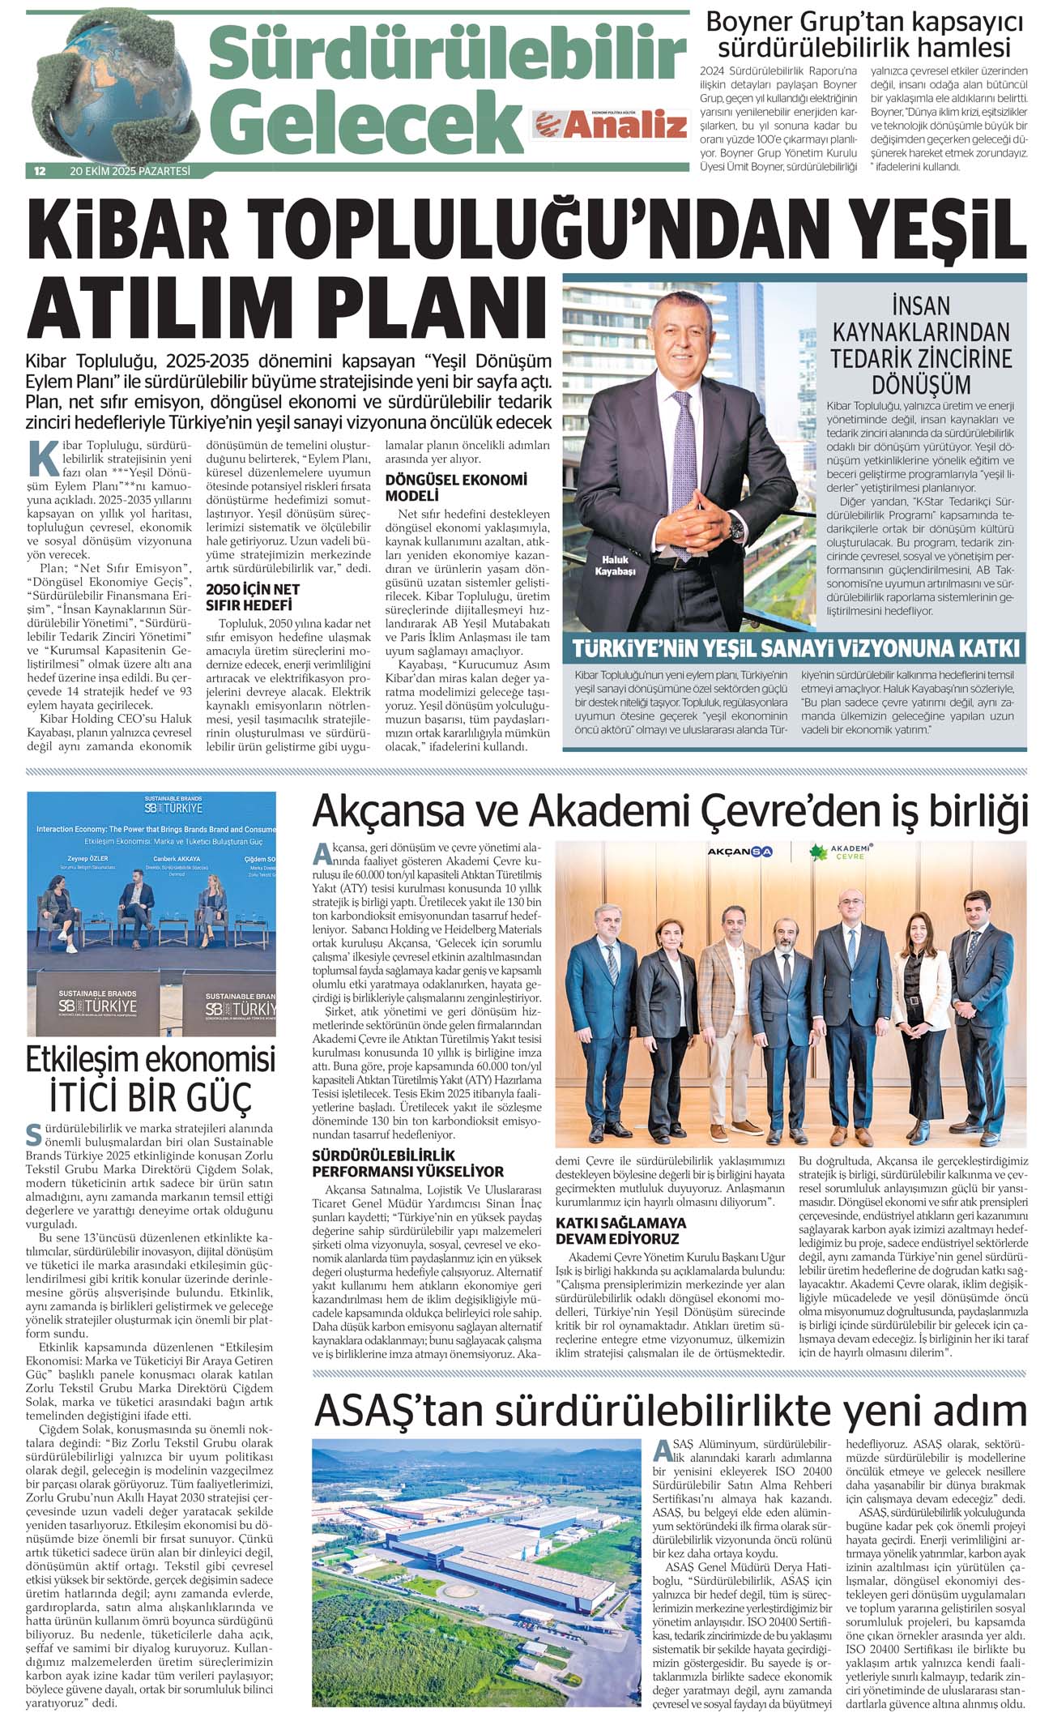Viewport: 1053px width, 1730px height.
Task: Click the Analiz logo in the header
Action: [609, 126]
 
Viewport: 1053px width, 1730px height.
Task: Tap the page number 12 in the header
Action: [39, 171]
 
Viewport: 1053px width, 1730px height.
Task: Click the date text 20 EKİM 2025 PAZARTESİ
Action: [130, 171]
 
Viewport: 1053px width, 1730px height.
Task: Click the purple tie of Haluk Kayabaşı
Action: [683, 478]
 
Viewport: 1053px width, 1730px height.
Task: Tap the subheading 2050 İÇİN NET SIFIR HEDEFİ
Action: [253, 597]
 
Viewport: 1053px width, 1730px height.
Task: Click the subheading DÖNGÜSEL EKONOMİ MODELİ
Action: [455, 487]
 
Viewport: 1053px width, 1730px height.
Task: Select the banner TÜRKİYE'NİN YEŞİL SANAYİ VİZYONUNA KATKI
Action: [795, 648]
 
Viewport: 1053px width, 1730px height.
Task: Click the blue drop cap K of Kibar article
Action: [42, 459]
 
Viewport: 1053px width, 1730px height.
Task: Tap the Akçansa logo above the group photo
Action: [740, 852]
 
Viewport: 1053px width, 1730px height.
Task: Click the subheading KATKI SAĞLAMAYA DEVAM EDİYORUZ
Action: [620, 1230]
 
